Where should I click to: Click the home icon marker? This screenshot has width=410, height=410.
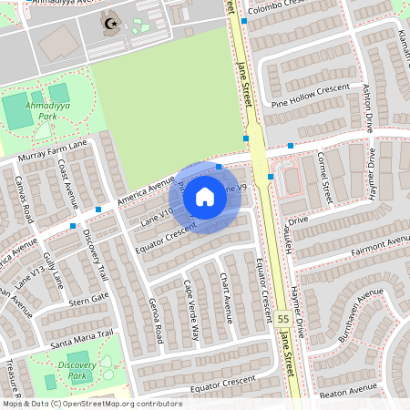(205, 196)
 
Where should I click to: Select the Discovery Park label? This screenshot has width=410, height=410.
(77, 369)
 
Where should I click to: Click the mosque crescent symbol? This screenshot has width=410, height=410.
(112, 24)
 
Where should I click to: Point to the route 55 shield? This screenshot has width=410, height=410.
(284, 320)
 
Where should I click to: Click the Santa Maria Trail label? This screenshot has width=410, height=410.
(81, 338)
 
